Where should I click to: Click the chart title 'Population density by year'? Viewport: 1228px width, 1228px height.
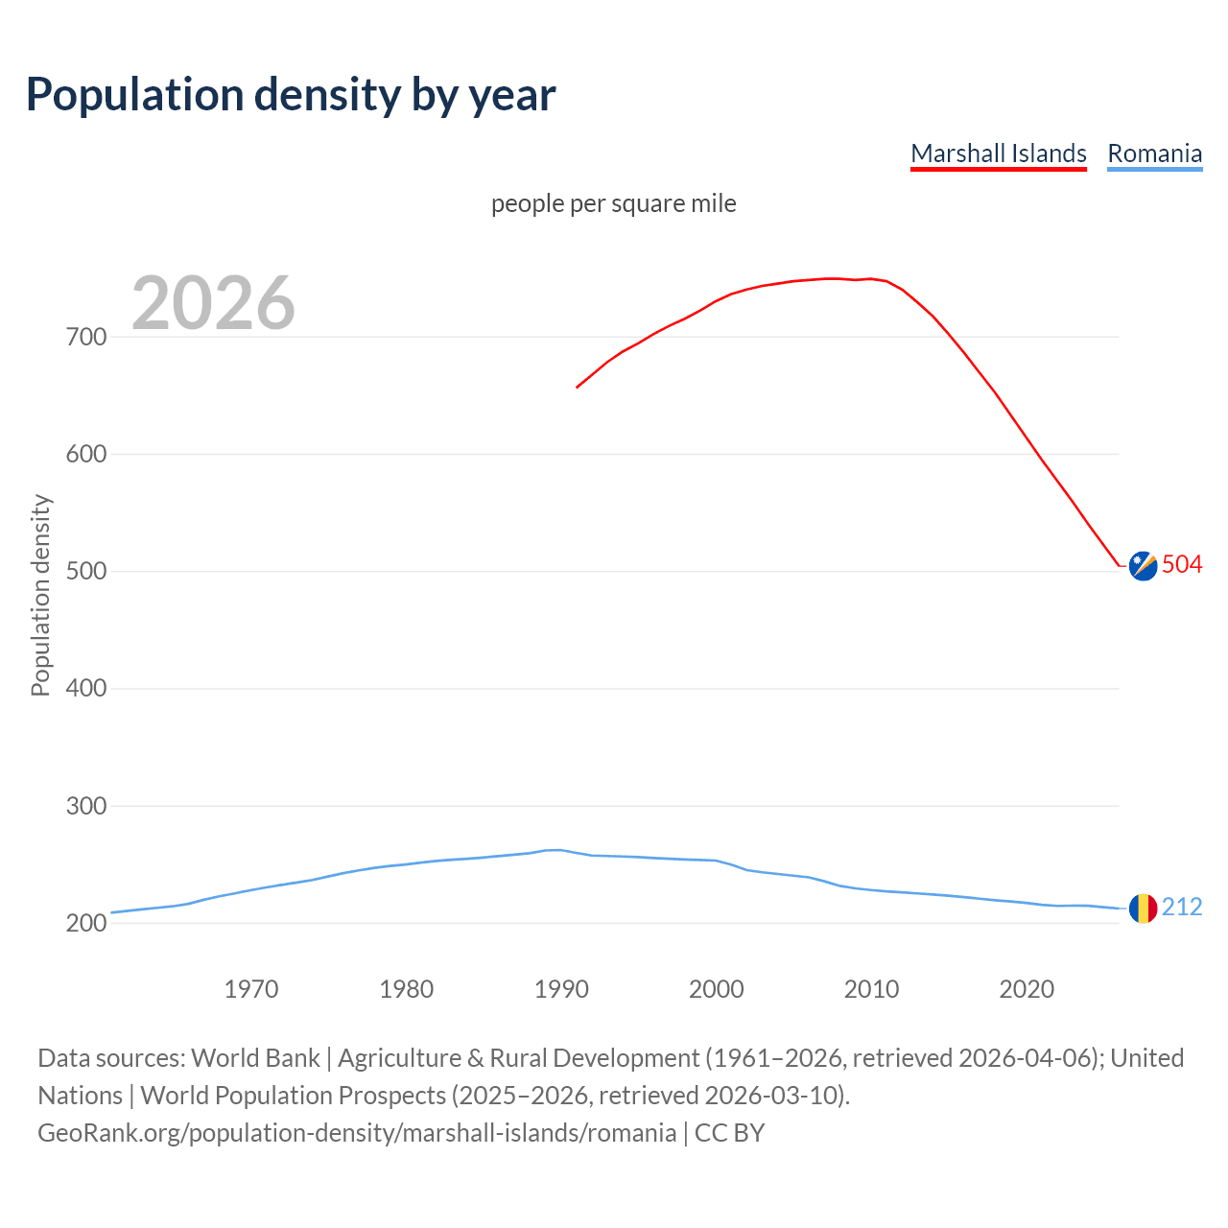pyautogui.click(x=291, y=95)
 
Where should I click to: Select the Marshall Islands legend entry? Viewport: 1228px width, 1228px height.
pyautogui.click(x=998, y=153)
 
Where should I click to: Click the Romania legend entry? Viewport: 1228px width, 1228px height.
pyautogui.click(x=1154, y=153)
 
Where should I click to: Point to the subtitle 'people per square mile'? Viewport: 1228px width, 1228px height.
pyautogui.click(x=613, y=203)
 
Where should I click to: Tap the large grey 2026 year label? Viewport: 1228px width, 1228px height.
pyautogui.click(x=213, y=303)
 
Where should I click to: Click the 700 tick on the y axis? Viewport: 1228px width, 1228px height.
pyautogui.click(x=85, y=337)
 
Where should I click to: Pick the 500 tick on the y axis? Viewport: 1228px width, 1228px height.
pyautogui.click(x=85, y=572)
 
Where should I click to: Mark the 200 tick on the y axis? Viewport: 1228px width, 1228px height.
pyautogui.click(x=85, y=923)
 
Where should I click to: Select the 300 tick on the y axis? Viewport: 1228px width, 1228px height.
pyautogui.click(x=85, y=806)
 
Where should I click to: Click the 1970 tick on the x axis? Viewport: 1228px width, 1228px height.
pyautogui.click(x=251, y=988)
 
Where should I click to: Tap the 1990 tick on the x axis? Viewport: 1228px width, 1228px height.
pyautogui.click(x=561, y=988)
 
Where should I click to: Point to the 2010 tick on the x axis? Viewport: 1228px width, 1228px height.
pyautogui.click(x=871, y=988)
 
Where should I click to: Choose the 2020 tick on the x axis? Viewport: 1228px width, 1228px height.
pyautogui.click(x=1027, y=988)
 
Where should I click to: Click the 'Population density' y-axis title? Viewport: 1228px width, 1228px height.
pyautogui.click(x=40, y=595)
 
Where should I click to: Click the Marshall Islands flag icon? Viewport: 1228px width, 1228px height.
pyautogui.click(x=1143, y=566)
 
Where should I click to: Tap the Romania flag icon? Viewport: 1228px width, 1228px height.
pyautogui.click(x=1143, y=908)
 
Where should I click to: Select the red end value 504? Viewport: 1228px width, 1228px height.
pyautogui.click(x=1182, y=564)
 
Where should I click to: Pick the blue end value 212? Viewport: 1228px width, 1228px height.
pyautogui.click(x=1182, y=907)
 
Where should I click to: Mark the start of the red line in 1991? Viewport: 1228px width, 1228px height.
pyautogui.click(x=577, y=388)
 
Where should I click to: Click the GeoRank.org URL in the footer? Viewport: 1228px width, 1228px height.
pyautogui.click(x=357, y=1133)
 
